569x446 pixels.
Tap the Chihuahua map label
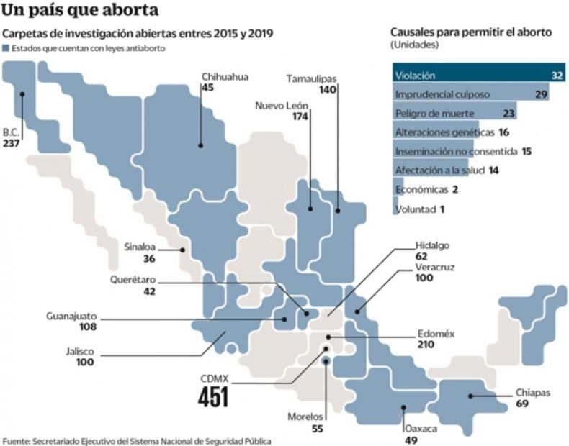click(x=225, y=76)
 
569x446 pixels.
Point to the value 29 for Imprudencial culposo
click(x=542, y=94)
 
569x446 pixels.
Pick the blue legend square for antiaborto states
click(x=6, y=48)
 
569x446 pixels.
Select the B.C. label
click(x=11, y=132)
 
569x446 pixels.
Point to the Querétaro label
click(x=133, y=279)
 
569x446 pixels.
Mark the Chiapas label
click(x=533, y=393)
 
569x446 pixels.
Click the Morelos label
click(x=305, y=417)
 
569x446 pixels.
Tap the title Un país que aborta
click(x=81, y=11)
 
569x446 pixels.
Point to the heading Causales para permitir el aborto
click(x=470, y=32)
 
